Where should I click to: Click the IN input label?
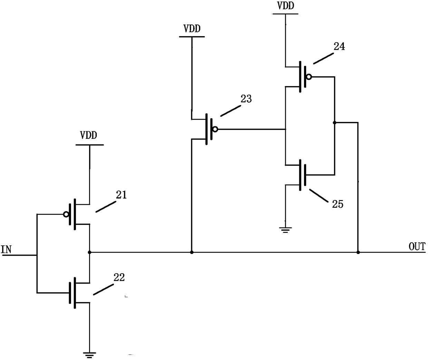[6, 249]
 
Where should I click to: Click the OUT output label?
[417, 246]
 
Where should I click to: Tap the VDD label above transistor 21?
[89, 135]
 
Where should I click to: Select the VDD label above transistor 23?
[192, 28]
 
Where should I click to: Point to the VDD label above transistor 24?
[286, 6]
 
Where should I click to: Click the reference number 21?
[121, 195]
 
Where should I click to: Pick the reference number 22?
[119, 277]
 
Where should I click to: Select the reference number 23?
[246, 99]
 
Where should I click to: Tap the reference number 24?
[339, 46]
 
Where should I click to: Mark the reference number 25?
[338, 204]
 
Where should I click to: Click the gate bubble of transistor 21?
[66, 214]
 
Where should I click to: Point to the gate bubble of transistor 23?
[215, 130]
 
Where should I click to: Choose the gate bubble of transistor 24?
[309, 77]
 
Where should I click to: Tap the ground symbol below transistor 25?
[285, 230]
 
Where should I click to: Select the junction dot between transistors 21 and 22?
[89, 252]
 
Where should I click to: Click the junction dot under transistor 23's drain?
[192, 252]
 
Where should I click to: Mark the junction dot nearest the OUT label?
[358, 252]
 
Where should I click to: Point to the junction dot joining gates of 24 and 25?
[334, 122]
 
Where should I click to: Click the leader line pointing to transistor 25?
[319, 195]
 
